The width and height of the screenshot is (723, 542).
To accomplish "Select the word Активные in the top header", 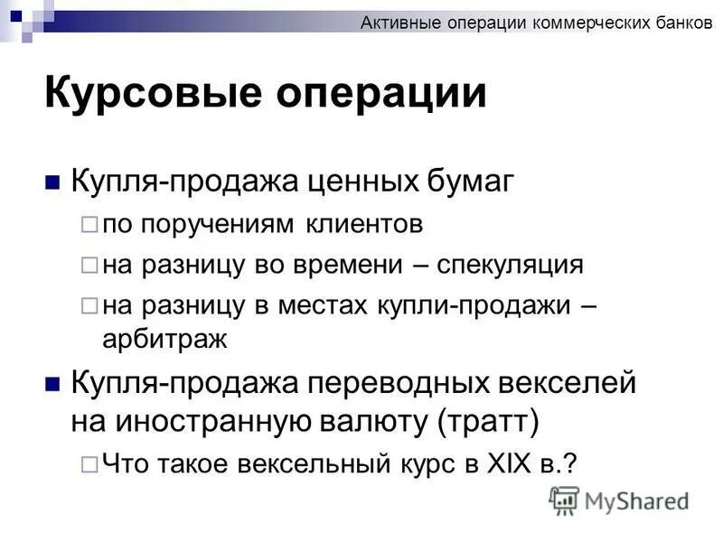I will (401, 24).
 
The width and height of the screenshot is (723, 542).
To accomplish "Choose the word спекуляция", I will (511, 265).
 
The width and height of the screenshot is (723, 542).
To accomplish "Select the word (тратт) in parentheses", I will (489, 420).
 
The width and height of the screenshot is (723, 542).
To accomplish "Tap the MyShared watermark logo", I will (619, 500).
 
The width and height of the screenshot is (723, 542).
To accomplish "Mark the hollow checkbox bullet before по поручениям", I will (88, 224).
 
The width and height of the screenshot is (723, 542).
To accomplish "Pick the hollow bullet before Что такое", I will (88, 463).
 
